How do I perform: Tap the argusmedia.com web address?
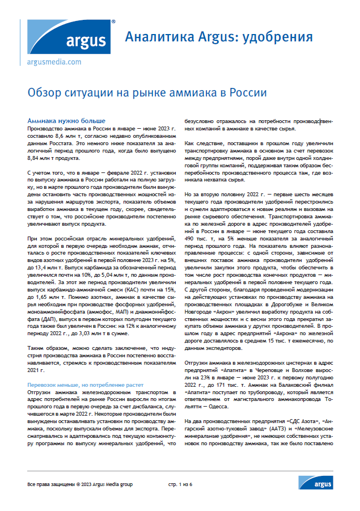(x=54, y=62)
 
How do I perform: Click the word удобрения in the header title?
(x=278, y=37)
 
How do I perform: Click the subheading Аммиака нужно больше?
(x=66, y=121)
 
